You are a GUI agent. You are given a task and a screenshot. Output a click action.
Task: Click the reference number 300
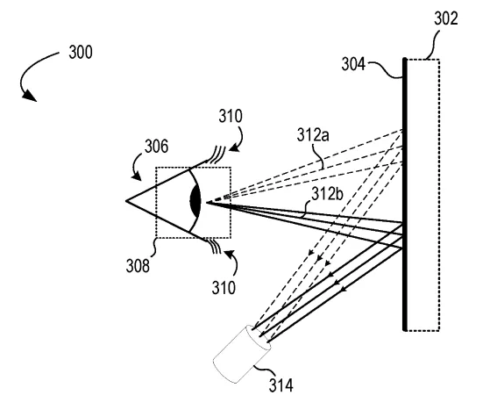tap(81, 53)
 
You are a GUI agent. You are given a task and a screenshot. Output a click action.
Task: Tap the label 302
tap(445, 18)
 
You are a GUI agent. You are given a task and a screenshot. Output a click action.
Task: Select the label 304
tap(353, 64)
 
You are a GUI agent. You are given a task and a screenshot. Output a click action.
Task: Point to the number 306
tap(156, 147)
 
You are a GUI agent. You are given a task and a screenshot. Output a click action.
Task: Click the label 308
tap(138, 266)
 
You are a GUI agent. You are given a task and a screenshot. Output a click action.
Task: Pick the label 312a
tap(313, 134)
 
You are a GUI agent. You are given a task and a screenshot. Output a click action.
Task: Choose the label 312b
tap(327, 194)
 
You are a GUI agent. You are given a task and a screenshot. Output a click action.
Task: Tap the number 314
tap(281, 385)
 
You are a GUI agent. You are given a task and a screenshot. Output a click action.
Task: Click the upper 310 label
tap(231, 116)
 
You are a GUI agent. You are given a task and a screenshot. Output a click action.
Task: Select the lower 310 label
tap(224, 288)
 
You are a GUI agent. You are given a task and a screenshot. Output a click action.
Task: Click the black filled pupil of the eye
tap(195, 201)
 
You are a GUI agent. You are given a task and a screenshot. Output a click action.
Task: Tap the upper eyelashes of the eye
tap(217, 155)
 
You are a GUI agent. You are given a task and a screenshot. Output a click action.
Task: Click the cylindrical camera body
tap(241, 355)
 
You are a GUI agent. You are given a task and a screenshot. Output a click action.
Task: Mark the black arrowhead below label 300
tap(30, 96)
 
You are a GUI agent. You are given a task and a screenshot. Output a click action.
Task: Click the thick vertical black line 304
tap(404, 194)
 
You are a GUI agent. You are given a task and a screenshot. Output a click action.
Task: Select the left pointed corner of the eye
tap(126, 201)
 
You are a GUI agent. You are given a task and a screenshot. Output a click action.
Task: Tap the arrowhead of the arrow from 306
tap(137, 176)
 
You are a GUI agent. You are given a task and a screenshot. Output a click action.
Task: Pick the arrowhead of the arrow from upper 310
tap(234, 147)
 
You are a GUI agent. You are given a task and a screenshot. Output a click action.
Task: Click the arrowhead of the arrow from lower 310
tap(229, 253)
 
